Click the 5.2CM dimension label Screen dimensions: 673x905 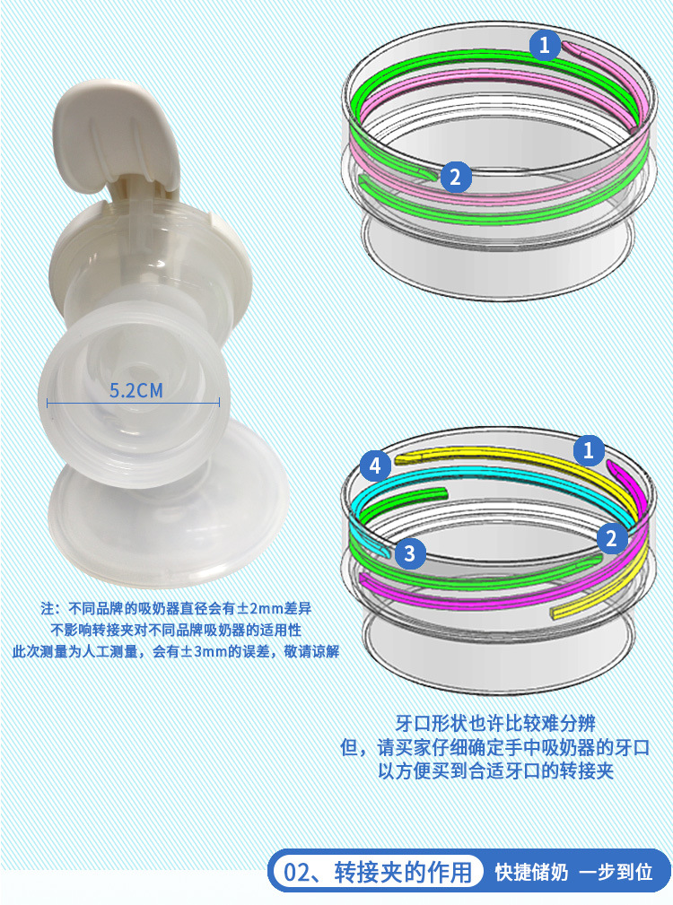tap(136, 391)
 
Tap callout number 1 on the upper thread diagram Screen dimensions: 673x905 tap(545, 45)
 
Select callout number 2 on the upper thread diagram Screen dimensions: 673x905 tap(456, 177)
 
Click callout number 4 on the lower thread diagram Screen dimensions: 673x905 tap(375, 466)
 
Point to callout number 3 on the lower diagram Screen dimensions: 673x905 tap(409, 553)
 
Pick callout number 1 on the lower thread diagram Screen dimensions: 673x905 tap(588, 450)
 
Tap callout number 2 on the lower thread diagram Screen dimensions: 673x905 tap(611, 538)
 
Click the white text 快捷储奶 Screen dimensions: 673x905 tap(531, 872)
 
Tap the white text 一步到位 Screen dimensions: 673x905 tap(616, 872)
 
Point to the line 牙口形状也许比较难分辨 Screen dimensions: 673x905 tap(495, 723)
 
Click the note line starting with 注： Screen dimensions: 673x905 tap(176, 608)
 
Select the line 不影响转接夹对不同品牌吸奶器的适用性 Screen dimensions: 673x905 tap(176, 630)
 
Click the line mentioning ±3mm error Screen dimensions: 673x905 tap(176, 652)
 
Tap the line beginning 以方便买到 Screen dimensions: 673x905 tap(495, 770)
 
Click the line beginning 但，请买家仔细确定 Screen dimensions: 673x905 tap(495, 747)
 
